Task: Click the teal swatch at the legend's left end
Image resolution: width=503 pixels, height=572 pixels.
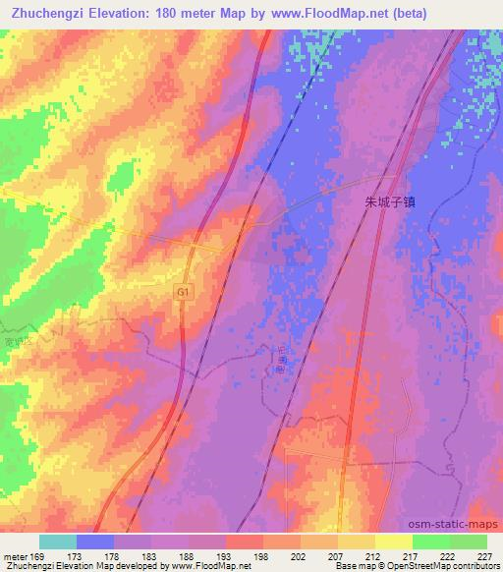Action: (57, 542)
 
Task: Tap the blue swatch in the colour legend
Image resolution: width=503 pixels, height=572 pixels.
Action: (94, 542)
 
